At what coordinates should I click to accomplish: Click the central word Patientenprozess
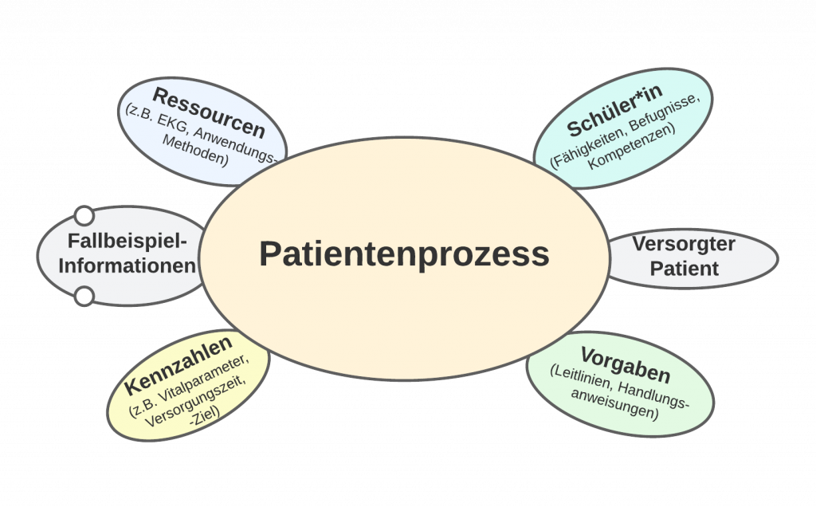point(404,254)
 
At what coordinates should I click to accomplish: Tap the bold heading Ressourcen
point(209,112)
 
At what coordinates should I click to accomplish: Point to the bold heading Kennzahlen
point(178,365)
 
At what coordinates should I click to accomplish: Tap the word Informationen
point(127,266)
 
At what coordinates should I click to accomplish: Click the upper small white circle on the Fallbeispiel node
point(84,216)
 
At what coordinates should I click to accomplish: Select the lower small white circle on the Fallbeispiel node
point(84,297)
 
